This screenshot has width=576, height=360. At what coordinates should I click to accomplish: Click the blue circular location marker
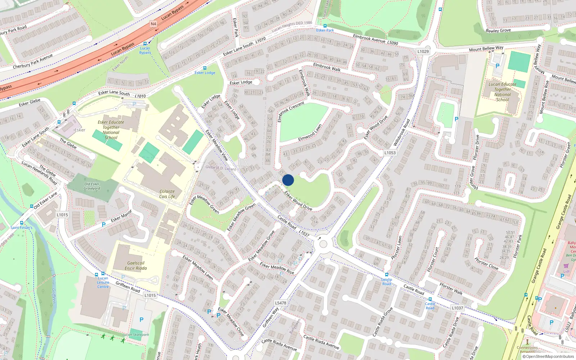click(x=288, y=180)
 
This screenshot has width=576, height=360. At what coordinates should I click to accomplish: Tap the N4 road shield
click(x=153, y=24)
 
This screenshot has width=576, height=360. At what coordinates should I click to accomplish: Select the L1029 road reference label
click(x=423, y=51)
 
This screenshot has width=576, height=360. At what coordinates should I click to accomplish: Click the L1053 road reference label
click(x=390, y=153)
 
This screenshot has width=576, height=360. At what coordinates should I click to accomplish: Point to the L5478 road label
click(x=280, y=303)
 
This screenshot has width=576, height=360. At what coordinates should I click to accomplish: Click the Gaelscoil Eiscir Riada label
click(x=136, y=266)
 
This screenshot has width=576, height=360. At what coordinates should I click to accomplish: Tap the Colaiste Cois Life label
click(x=167, y=194)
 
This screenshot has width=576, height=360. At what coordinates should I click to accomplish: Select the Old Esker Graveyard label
click(x=92, y=186)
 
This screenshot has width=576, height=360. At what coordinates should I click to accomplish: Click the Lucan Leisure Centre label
click(x=103, y=282)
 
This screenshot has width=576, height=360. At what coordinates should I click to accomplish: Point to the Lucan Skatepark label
click(x=136, y=334)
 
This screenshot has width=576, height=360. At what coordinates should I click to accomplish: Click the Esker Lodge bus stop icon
click(x=205, y=68)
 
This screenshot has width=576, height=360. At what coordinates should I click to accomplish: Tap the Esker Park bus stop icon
click(x=325, y=26)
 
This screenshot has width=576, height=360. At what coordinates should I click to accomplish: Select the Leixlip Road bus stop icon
click(x=387, y=275)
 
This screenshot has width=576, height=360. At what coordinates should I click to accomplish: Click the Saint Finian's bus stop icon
click(x=22, y=223)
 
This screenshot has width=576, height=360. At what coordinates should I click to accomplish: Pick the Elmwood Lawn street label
click(x=310, y=133)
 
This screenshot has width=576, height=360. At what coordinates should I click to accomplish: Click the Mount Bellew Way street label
click(x=486, y=48)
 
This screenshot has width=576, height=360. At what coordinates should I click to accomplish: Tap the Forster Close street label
click(x=486, y=264)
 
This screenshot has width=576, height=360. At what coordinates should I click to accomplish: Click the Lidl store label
click(x=566, y=271)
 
